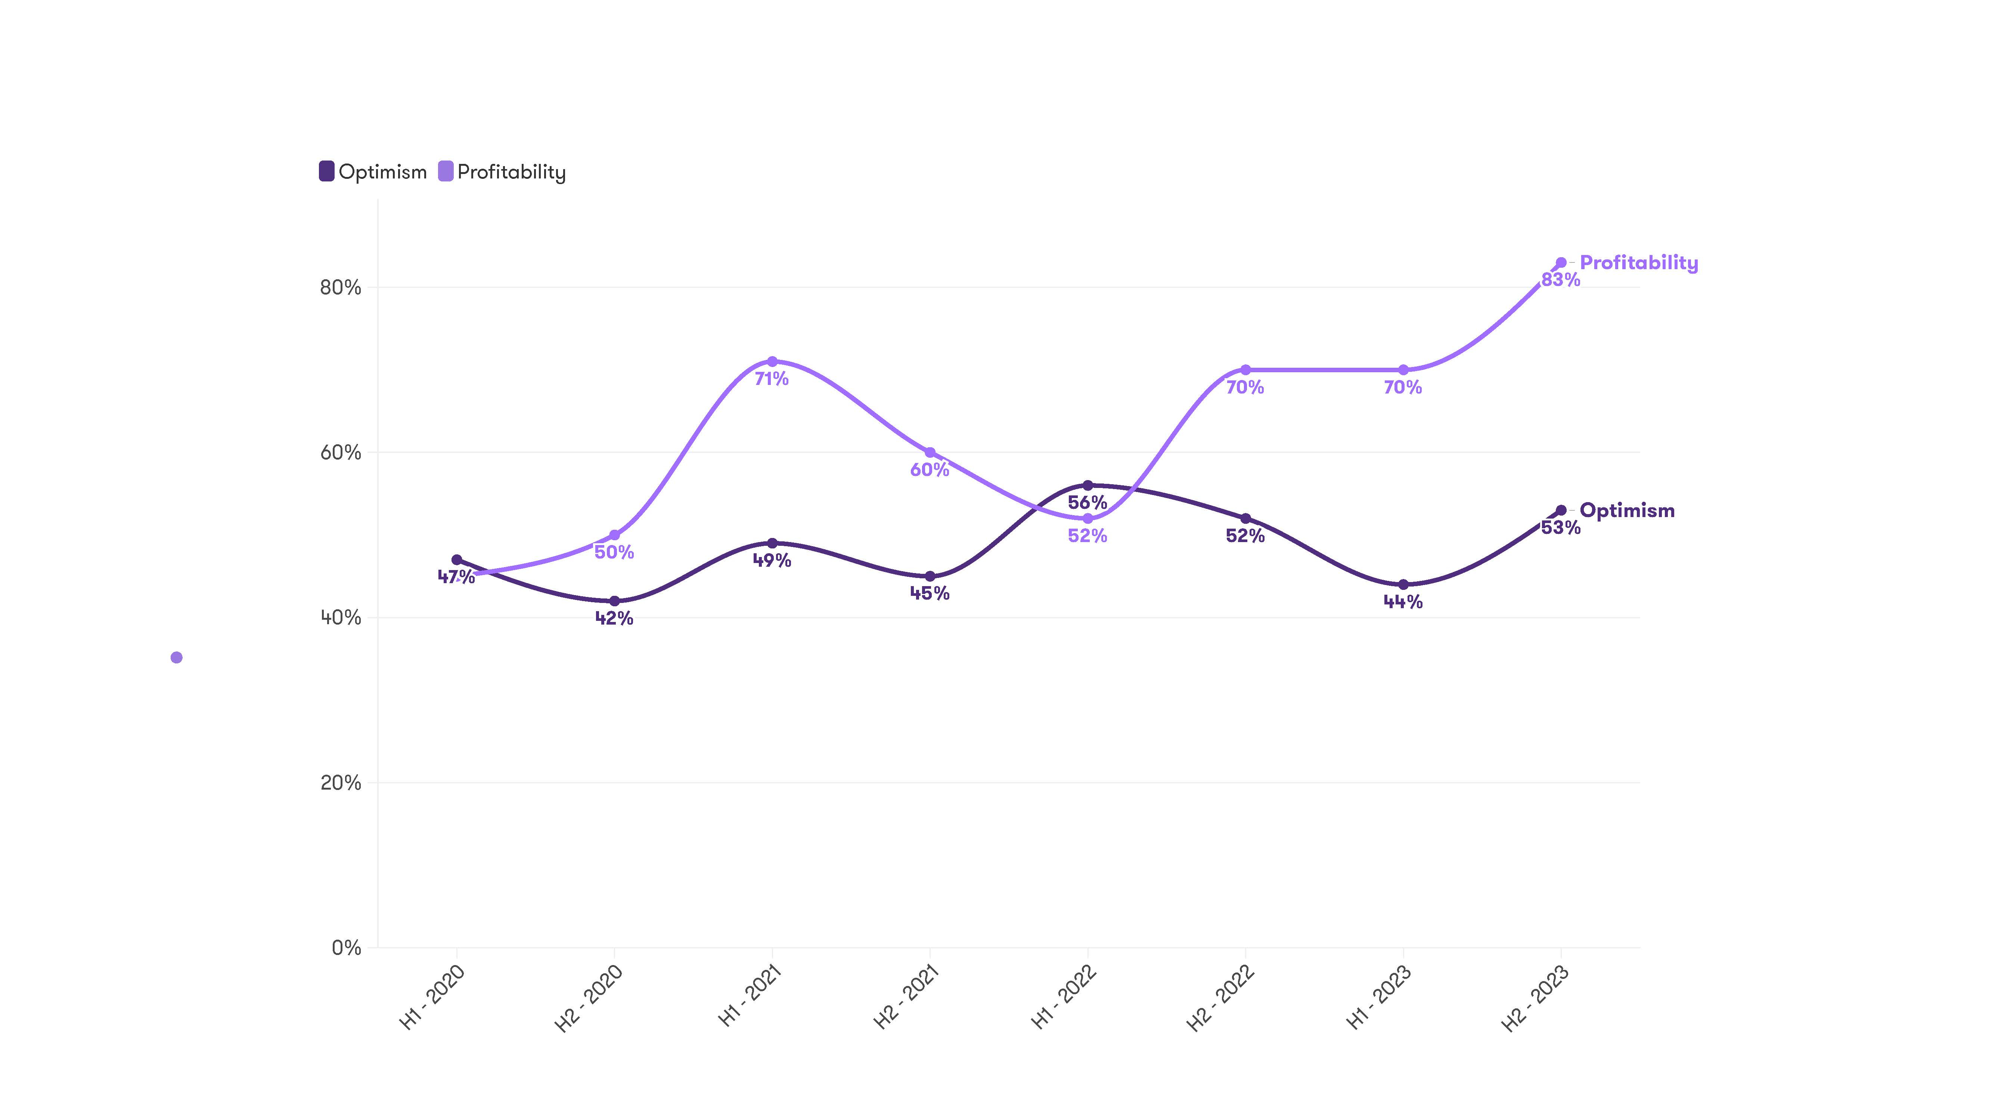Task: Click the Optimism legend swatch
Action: click(326, 172)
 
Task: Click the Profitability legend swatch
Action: click(446, 172)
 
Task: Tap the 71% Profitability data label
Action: click(772, 379)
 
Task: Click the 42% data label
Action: click(614, 618)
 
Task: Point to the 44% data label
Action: click(1403, 602)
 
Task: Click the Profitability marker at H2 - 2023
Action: click(1561, 263)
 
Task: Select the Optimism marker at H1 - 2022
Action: click(1087, 485)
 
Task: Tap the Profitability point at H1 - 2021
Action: click(772, 362)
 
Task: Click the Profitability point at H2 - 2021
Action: click(930, 452)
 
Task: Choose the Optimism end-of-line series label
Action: click(1627, 511)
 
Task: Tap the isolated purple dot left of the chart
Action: click(176, 658)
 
